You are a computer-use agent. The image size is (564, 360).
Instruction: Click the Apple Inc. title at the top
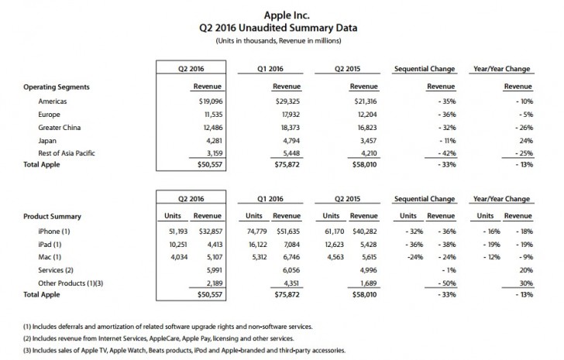(282, 12)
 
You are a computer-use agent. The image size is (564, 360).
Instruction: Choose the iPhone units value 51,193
(174, 231)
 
